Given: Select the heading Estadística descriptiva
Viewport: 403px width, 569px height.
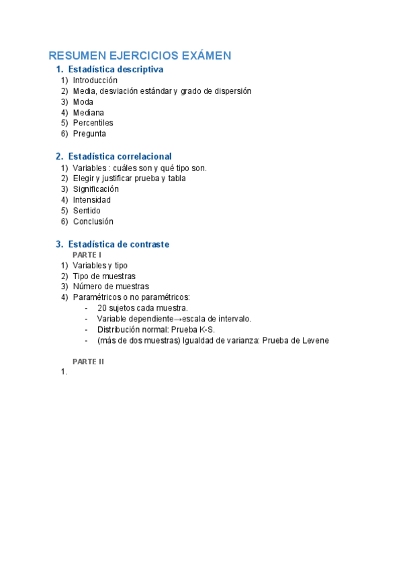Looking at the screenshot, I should coord(116,69).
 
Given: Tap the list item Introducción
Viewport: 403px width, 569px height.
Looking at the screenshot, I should coord(95,80).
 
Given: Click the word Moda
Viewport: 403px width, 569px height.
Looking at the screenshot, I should coord(83,102).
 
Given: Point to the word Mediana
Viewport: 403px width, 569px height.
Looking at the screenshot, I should coord(89,113).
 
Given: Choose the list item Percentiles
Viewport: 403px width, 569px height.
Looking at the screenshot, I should coord(93,123).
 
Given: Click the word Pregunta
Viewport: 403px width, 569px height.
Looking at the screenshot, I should coord(89,134).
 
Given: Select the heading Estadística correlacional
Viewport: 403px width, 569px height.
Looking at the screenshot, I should coord(120,156).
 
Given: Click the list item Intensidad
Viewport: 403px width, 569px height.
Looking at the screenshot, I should coord(92,200).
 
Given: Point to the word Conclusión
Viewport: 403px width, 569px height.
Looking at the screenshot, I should coord(93,221).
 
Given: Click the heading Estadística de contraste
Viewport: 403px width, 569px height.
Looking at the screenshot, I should coord(118,244).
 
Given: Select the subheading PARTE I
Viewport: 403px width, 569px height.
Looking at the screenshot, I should coord(87,255).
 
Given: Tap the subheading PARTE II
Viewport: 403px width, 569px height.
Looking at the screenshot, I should coord(89,361).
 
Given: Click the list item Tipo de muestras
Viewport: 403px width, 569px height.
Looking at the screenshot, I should coord(104,276).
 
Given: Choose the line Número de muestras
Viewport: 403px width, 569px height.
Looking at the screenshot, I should coord(111,287).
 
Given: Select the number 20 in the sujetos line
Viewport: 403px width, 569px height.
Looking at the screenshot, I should coord(102,308).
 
